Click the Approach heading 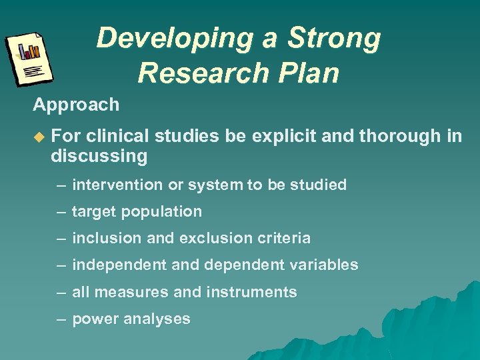point(76,105)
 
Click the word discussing point(99,157)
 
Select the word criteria point(287,238)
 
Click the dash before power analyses point(61,319)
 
